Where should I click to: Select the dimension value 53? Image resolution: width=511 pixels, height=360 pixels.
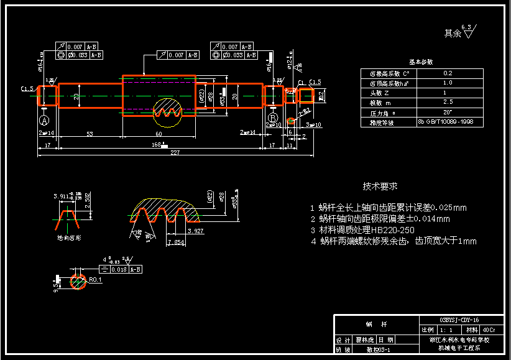click(90, 134)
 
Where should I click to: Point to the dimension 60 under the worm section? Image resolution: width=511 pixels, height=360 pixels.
click(159, 134)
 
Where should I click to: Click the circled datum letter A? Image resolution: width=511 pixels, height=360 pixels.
click(44, 119)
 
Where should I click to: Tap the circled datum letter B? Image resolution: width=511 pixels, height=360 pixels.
click(272, 118)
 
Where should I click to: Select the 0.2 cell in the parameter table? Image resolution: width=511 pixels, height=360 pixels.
click(448, 73)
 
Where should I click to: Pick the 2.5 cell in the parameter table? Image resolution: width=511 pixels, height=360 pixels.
click(448, 102)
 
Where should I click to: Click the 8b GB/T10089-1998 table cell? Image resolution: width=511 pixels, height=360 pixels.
click(448, 122)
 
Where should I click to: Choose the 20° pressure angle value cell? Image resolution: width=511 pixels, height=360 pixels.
click(448, 112)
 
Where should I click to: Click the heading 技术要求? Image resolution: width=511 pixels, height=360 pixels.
click(380, 186)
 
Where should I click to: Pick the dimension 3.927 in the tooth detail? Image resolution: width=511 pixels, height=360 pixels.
click(195, 231)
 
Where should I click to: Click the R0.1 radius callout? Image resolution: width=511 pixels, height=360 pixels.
click(95, 280)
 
